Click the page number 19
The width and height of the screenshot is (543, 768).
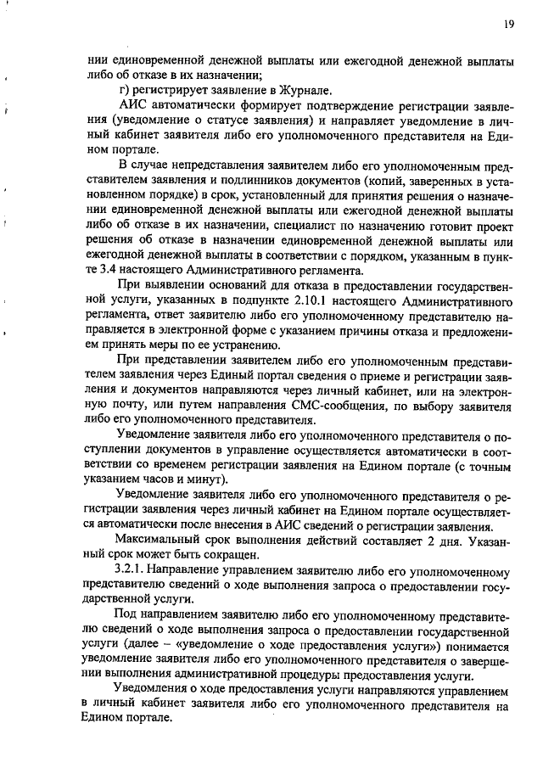[x=507, y=25]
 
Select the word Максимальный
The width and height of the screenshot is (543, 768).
[x=159, y=541]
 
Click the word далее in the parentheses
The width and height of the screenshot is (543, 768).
[x=150, y=645]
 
